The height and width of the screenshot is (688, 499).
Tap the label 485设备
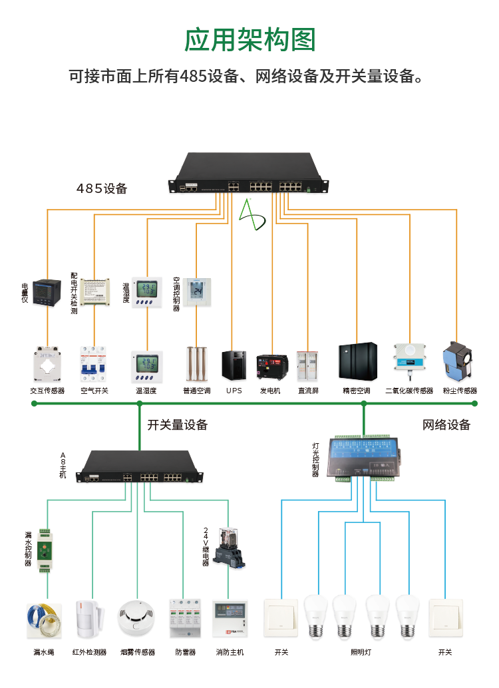point(102,189)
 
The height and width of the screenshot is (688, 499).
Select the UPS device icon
point(234,365)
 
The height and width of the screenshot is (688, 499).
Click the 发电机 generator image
point(271,367)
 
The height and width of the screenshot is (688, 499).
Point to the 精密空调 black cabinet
point(358,363)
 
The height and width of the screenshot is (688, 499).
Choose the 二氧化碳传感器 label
point(409,391)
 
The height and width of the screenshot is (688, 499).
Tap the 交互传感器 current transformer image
point(47,365)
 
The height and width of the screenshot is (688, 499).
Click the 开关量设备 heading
point(177,425)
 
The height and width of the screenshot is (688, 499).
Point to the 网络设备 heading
point(446,425)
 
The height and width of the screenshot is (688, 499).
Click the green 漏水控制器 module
point(45,551)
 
